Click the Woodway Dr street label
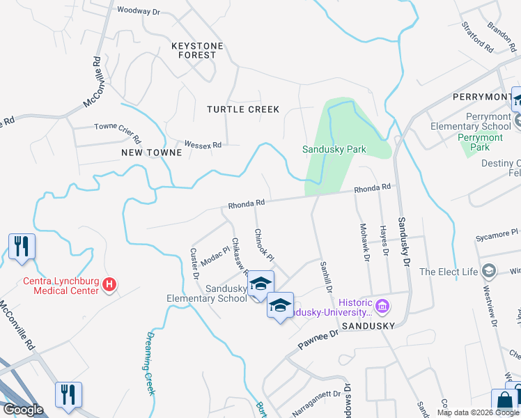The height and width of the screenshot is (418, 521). point(139,10)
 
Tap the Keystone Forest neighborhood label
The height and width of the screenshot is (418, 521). point(197,50)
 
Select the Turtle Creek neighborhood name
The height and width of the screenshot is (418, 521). point(243,109)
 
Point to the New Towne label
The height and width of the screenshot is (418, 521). point(146,152)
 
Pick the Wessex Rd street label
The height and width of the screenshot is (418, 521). point(203,145)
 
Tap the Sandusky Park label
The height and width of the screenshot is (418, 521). point(334,149)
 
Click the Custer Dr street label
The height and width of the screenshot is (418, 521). point(194,263)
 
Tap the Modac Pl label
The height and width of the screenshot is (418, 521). point(215,256)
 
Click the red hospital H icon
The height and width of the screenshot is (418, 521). point(109,284)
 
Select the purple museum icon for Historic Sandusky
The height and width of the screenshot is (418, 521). point(381,305)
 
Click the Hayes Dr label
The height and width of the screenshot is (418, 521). point(383,241)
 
